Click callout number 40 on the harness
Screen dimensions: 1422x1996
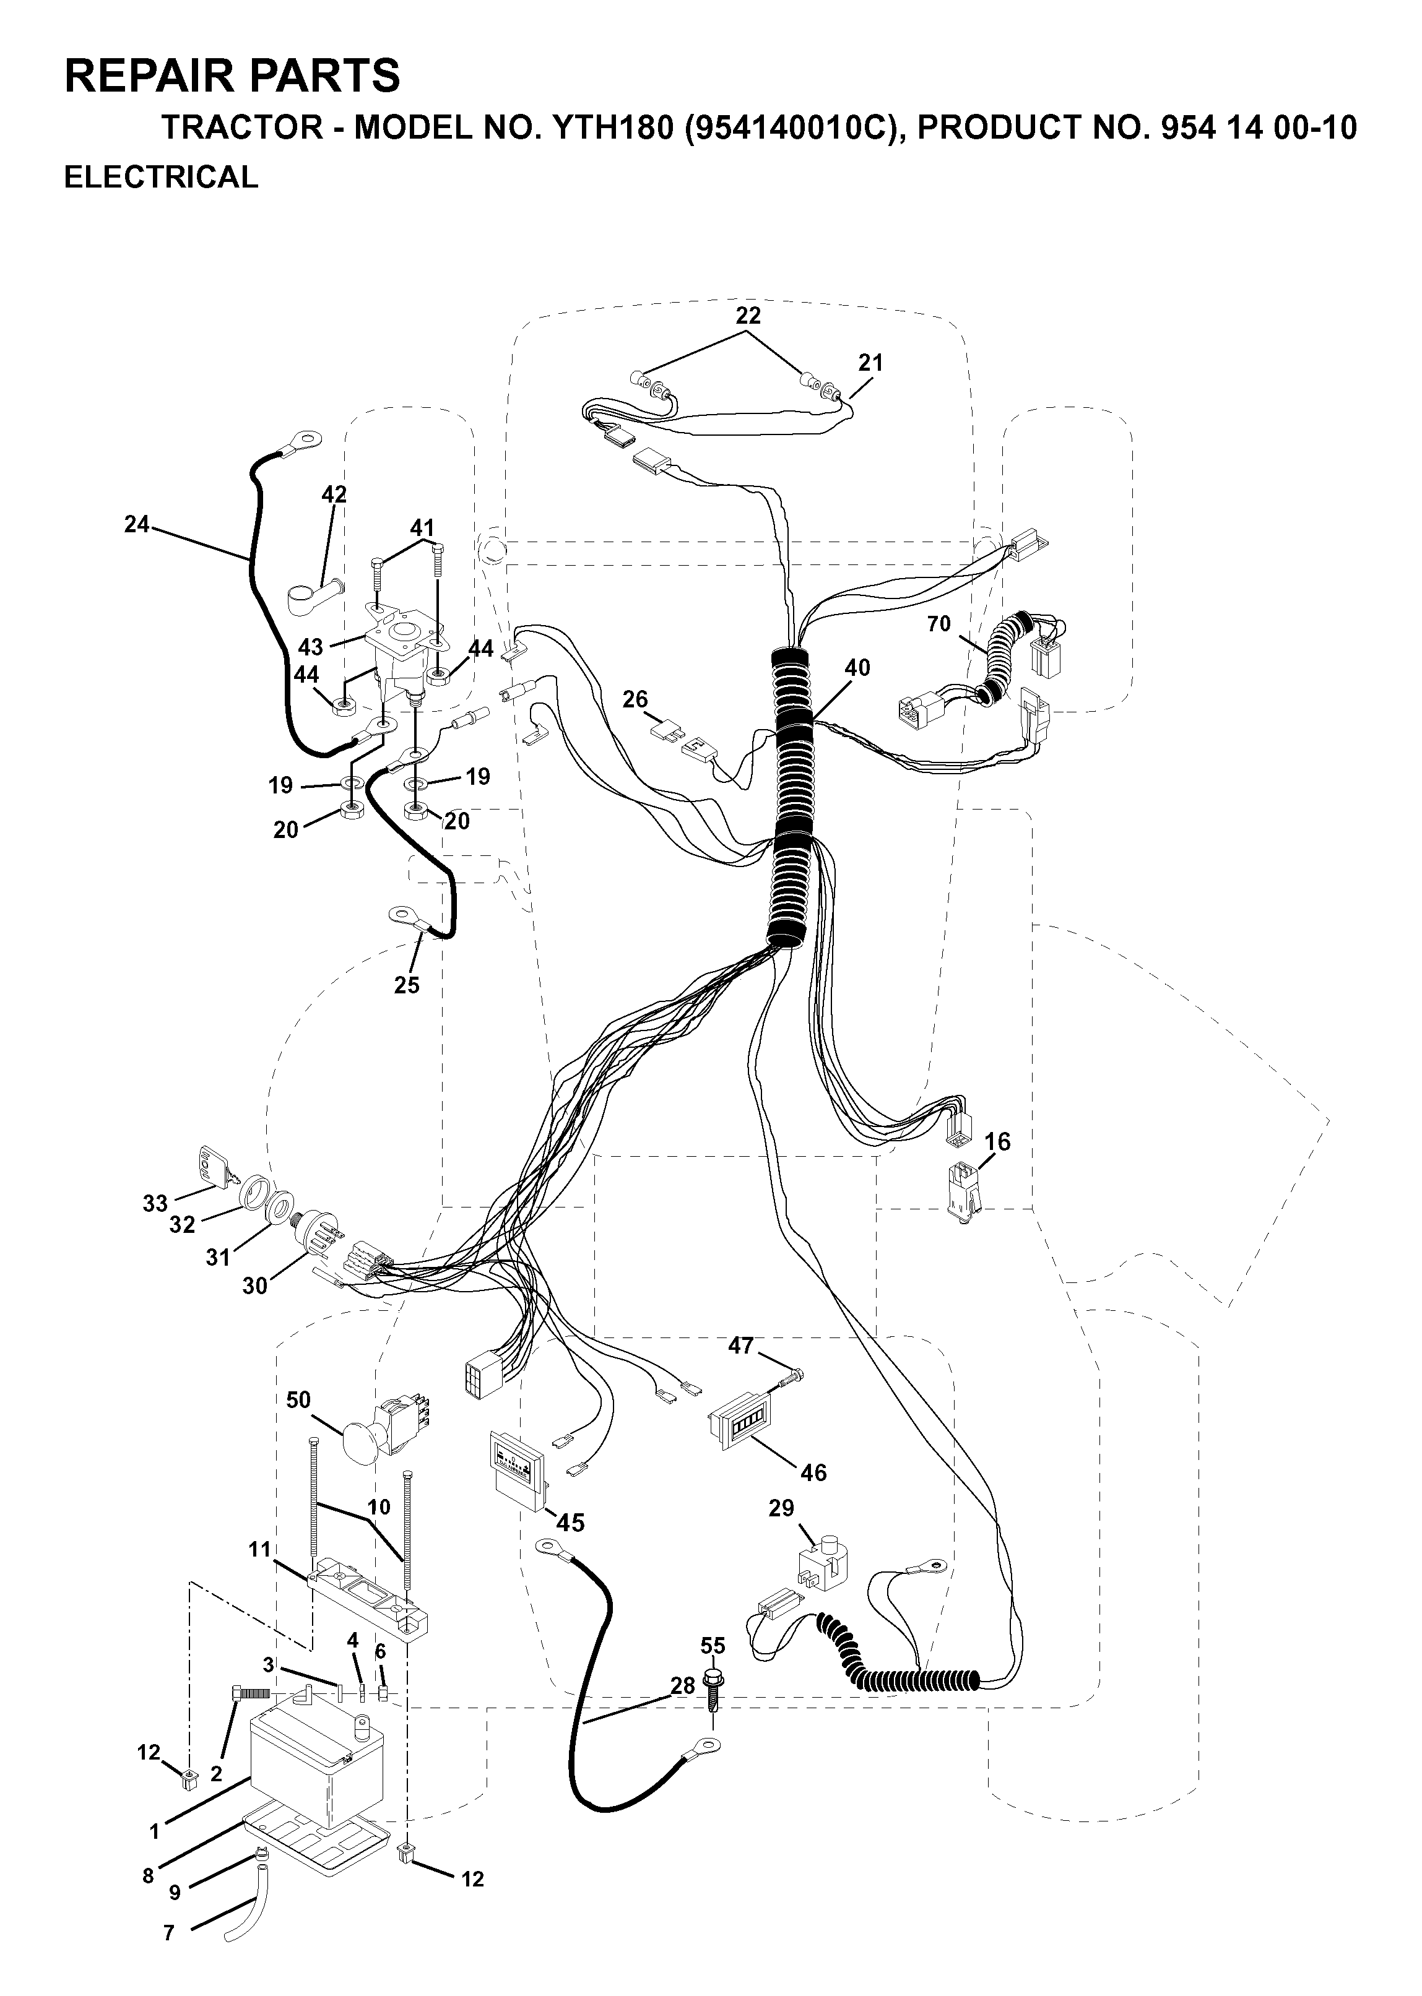pyautogui.click(x=857, y=667)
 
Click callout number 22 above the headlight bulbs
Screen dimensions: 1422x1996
pyautogui.click(x=748, y=315)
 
